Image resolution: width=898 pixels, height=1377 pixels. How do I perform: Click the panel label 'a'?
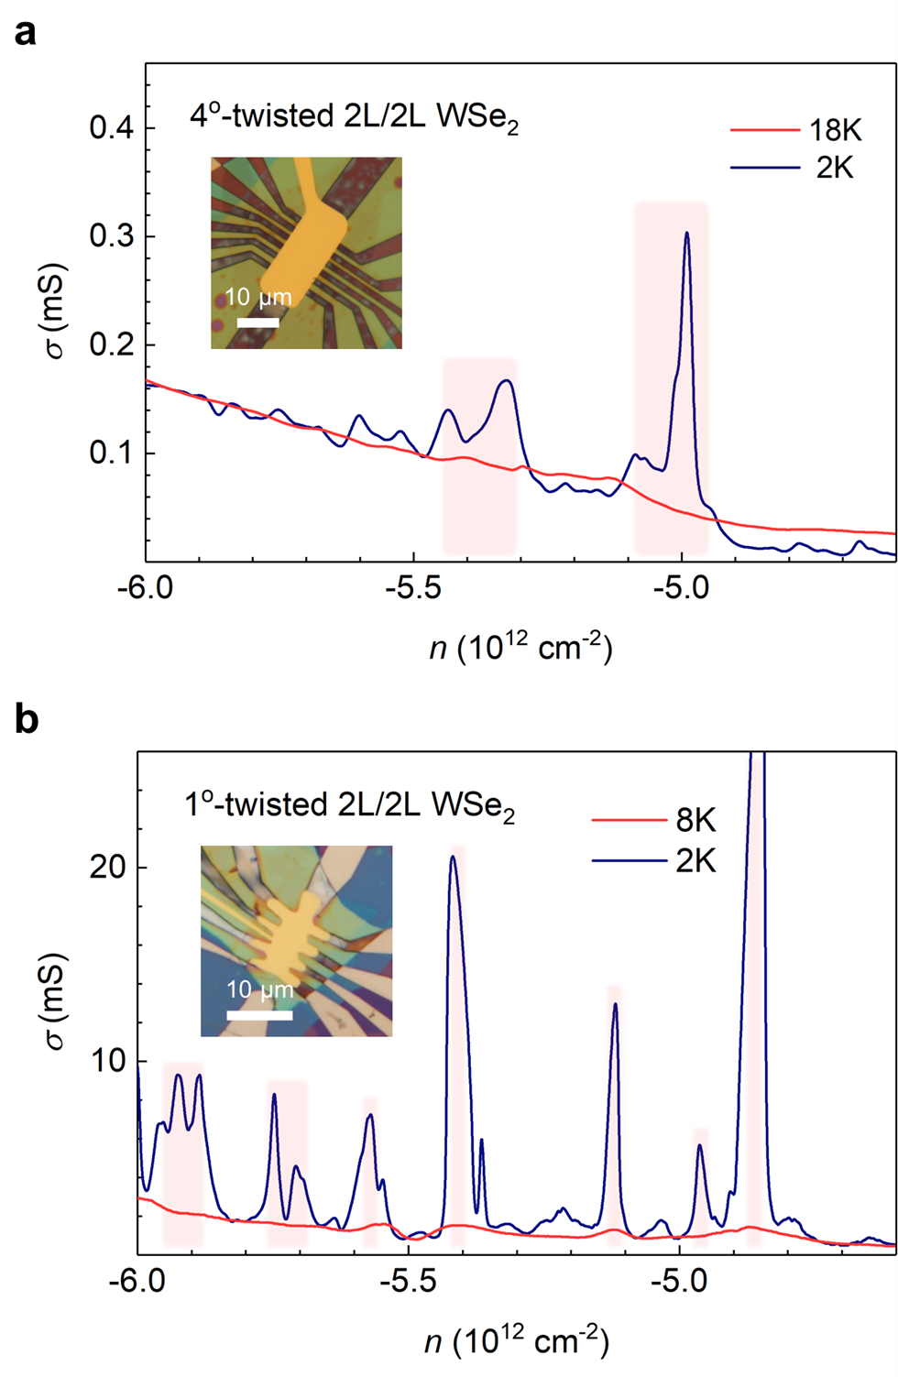[x=26, y=33]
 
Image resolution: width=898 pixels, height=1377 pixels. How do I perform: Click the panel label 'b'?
[x=27, y=720]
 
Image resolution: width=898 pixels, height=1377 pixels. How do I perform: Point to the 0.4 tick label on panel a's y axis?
[x=111, y=127]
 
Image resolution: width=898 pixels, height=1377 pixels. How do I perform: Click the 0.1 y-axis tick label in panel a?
[x=111, y=453]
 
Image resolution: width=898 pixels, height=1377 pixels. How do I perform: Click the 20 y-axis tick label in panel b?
[x=107, y=867]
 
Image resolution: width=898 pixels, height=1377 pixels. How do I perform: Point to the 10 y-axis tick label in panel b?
[x=107, y=1061]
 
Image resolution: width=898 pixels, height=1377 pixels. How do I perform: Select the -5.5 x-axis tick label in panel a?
[x=413, y=587]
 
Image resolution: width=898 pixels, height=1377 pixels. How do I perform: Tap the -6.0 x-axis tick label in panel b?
[x=137, y=1280]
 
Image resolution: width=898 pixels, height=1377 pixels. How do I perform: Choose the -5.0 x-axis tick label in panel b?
[x=678, y=1280]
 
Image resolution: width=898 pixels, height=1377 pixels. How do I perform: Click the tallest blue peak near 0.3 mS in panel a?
[x=686, y=235]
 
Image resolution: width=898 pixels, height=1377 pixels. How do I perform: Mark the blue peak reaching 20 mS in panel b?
[x=452, y=858]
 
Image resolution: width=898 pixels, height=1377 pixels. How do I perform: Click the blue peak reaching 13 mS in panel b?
[x=615, y=1005]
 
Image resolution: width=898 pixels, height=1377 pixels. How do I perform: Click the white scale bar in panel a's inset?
[x=257, y=322]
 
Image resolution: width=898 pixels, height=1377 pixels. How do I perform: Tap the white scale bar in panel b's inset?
[x=259, y=1015]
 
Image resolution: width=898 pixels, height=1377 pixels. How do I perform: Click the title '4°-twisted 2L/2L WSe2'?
[x=354, y=117]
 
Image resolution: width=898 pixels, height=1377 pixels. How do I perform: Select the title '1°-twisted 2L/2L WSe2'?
[x=349, y=806]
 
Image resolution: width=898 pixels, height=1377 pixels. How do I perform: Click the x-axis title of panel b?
[x=517, y=1341]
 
